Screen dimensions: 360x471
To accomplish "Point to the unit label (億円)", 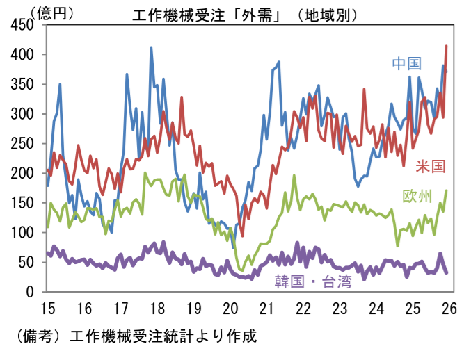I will (52, 11).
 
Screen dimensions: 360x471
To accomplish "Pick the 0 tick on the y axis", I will (31, 292).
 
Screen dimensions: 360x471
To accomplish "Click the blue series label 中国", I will (407, 64).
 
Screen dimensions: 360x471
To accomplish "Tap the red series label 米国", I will (431, 166).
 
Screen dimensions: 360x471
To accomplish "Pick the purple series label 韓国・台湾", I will (313, 281).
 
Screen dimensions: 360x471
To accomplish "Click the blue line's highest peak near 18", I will (151, 47).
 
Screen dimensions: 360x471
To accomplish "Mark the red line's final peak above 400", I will (446, 46).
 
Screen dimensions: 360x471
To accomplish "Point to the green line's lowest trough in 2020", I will (241, 270).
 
